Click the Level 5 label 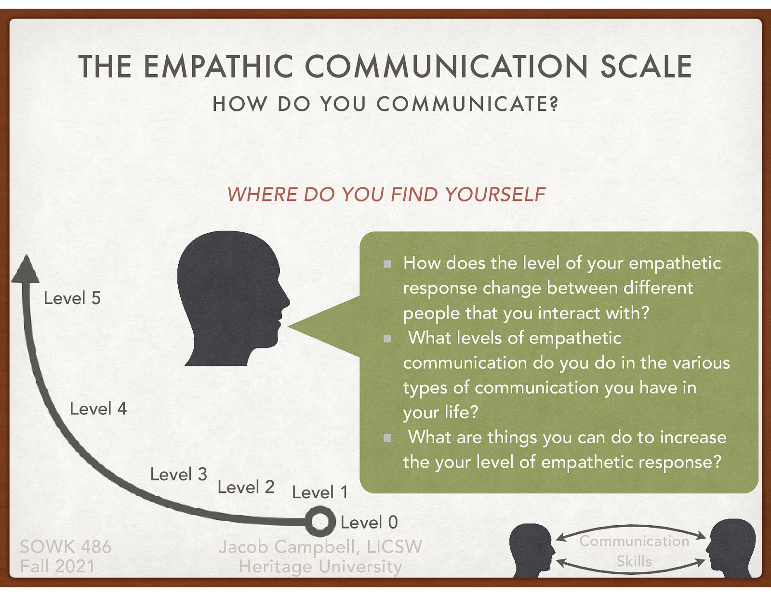tap(72, 298)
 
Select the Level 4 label tap(98, 409)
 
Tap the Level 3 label tap(178, 475)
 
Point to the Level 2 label tap(246, 487)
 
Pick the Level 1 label tap(319, 492)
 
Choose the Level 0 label tap(369, 522)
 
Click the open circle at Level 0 tap(320, 522)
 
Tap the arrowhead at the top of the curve tap(25, 270)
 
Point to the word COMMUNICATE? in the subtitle tap(467, 104)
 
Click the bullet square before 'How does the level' tap(387, 264)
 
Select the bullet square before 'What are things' tap(387, 438)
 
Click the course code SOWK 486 tap(66, 547)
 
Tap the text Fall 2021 tap(57, 567)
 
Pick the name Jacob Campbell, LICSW tap(320, 547)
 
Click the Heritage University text tap(320, 567)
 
